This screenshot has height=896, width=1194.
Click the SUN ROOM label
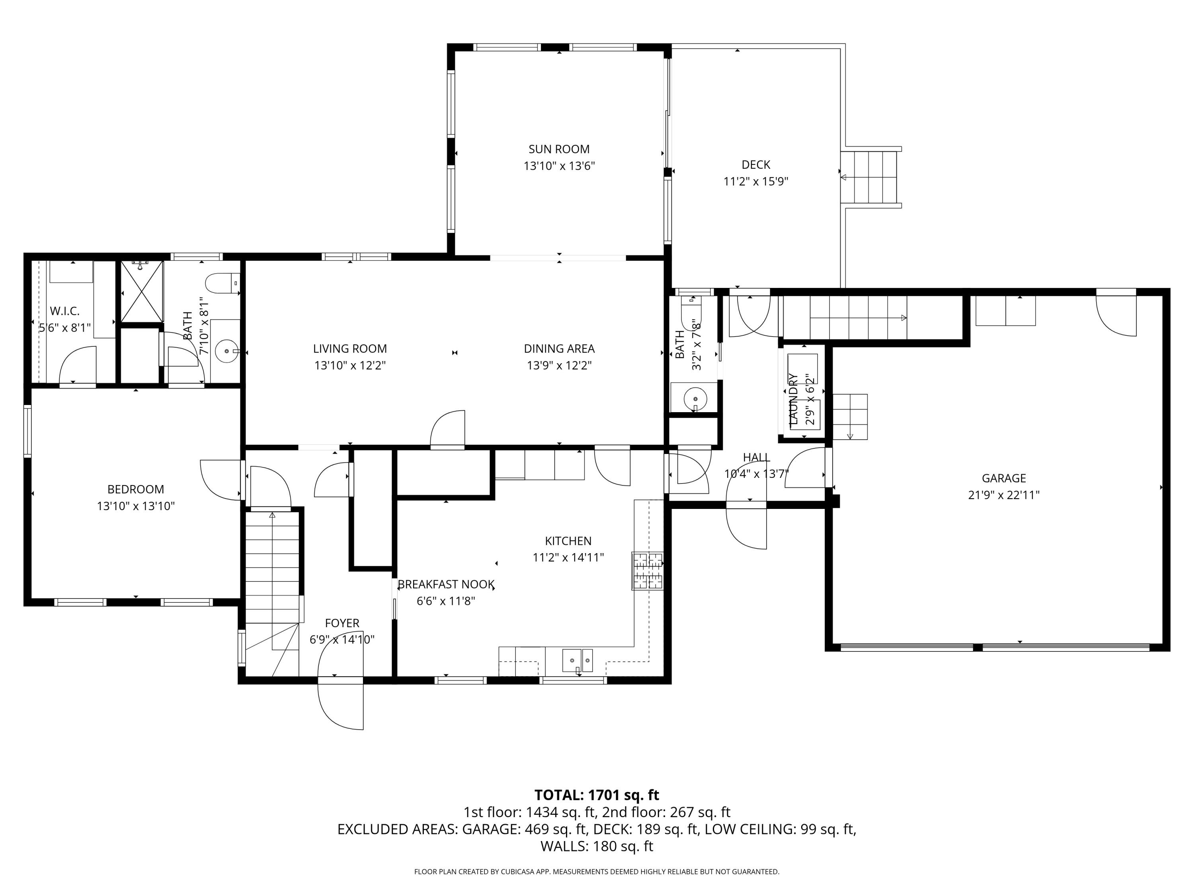(559, 149)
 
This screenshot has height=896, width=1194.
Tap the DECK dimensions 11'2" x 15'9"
(756, 182)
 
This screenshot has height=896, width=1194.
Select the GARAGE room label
(1003, 478)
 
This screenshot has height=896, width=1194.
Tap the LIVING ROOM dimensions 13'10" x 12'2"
(350, 366)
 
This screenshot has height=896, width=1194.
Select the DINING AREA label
(559, 349)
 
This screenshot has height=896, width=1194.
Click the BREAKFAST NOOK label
(446, 584)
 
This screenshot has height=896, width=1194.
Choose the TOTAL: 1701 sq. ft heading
(597, 795)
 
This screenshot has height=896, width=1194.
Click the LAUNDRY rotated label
(793, 399)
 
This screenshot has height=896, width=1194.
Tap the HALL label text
(756, 458)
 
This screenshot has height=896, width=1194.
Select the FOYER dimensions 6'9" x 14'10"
(341, 640)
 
